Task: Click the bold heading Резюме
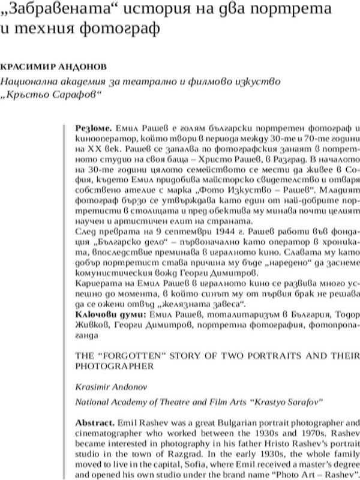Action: pos(92,128)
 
